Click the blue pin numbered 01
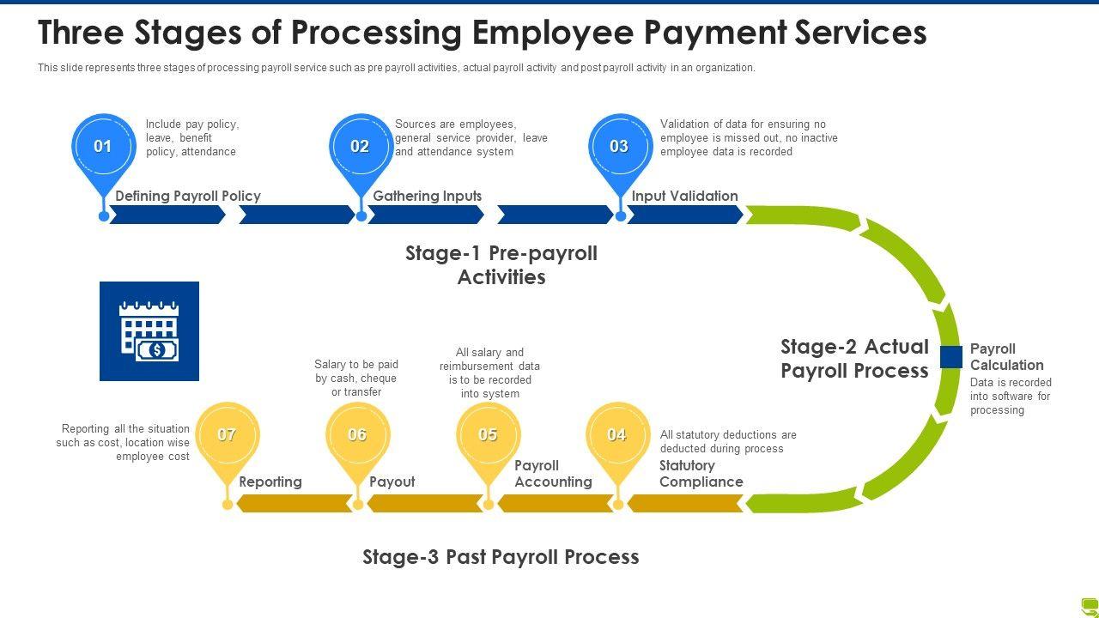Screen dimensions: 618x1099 [x=103, y=147]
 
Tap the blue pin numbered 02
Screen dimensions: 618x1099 [x=360, y=147]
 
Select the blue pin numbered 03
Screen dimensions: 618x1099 [x=619, y=147]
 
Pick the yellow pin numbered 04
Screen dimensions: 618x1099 [x=617, y=435]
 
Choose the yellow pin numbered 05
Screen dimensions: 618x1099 [x=488, y=435]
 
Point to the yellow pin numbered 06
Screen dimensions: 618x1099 [x=357, y=435]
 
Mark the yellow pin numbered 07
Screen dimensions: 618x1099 [x=227, y=435]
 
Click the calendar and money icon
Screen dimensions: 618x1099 [x=149, y=331]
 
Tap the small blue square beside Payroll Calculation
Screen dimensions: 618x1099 [x=950, y=357]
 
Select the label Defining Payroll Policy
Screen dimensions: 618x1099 [x=188, y=196]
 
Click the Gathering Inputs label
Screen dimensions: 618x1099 [x=428, y=196]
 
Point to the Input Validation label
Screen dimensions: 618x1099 [x=685, y=196]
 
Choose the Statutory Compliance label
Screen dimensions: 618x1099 [x=701, y=474]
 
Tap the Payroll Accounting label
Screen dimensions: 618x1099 [x=553, y=474]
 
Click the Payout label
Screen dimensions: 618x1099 [x=392, y=482]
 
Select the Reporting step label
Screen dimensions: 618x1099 [x=270, y=482]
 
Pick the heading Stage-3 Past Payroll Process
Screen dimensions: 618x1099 [x=501, y=557]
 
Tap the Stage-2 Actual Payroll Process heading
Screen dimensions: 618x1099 [x=854, y=359]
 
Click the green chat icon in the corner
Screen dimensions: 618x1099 [x=1090, y=606]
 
